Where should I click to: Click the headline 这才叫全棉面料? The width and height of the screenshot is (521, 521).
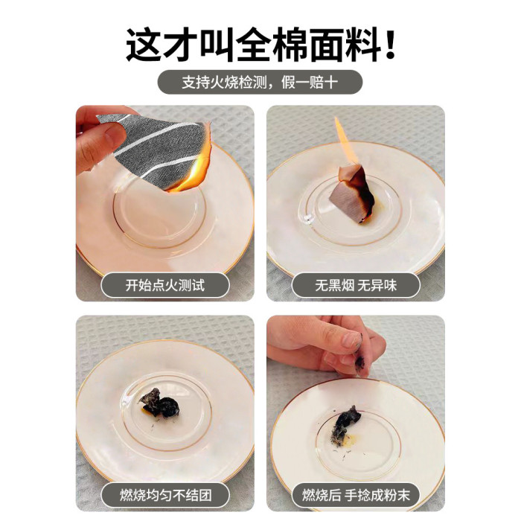260,44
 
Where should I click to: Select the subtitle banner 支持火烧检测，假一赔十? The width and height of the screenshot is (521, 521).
260,82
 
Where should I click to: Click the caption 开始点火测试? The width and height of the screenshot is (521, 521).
165,285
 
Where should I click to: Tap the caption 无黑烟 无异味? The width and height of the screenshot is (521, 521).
356,285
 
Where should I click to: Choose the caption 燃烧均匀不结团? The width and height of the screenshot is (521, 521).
165,496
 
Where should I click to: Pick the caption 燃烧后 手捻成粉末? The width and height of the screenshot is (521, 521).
356,496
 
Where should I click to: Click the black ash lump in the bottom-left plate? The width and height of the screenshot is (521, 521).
160,403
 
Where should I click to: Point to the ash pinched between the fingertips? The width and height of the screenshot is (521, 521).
359,363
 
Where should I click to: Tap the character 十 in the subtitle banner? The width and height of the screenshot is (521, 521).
332,82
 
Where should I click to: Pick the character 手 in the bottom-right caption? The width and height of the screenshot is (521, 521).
351,496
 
